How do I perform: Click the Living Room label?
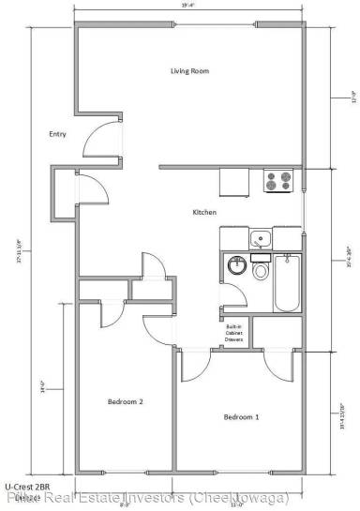(188, 71)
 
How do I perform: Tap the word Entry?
(57, 134)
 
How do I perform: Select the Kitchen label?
(205, 212)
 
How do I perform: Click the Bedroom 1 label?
(241, 416)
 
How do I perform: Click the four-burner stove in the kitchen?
(278, 180)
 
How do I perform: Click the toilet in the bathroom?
(261, 273)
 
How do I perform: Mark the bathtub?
(286, 283)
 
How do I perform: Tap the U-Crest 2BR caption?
(25, 487)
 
